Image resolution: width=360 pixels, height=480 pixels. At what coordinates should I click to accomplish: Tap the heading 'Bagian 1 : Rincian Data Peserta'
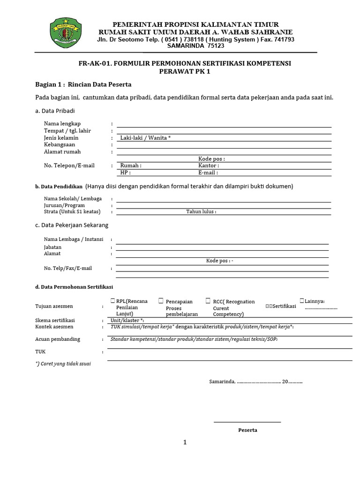83,84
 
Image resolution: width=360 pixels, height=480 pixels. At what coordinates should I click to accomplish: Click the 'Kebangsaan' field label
60,145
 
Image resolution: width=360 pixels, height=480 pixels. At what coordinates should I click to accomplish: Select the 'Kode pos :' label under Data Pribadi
211,159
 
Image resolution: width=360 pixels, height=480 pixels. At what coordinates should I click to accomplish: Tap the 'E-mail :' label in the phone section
208,172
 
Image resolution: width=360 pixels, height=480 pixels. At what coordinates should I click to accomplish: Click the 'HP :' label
125,172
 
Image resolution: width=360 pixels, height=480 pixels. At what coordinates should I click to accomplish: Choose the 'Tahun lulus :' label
201,211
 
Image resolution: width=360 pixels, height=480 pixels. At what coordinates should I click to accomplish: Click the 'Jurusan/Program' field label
64,205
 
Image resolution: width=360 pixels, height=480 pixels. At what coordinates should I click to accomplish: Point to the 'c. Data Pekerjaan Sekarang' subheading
72,225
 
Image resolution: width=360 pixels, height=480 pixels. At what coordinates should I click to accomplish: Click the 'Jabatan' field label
52,247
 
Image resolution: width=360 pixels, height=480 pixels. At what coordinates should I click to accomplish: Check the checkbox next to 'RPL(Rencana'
113,301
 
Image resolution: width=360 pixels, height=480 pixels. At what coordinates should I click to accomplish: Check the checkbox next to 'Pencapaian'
161,301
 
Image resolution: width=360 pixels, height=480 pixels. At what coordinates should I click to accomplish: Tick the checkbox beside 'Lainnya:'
302,300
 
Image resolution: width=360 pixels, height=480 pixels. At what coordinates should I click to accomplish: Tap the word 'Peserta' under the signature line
247,430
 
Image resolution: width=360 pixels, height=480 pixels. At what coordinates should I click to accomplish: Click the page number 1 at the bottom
185,442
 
